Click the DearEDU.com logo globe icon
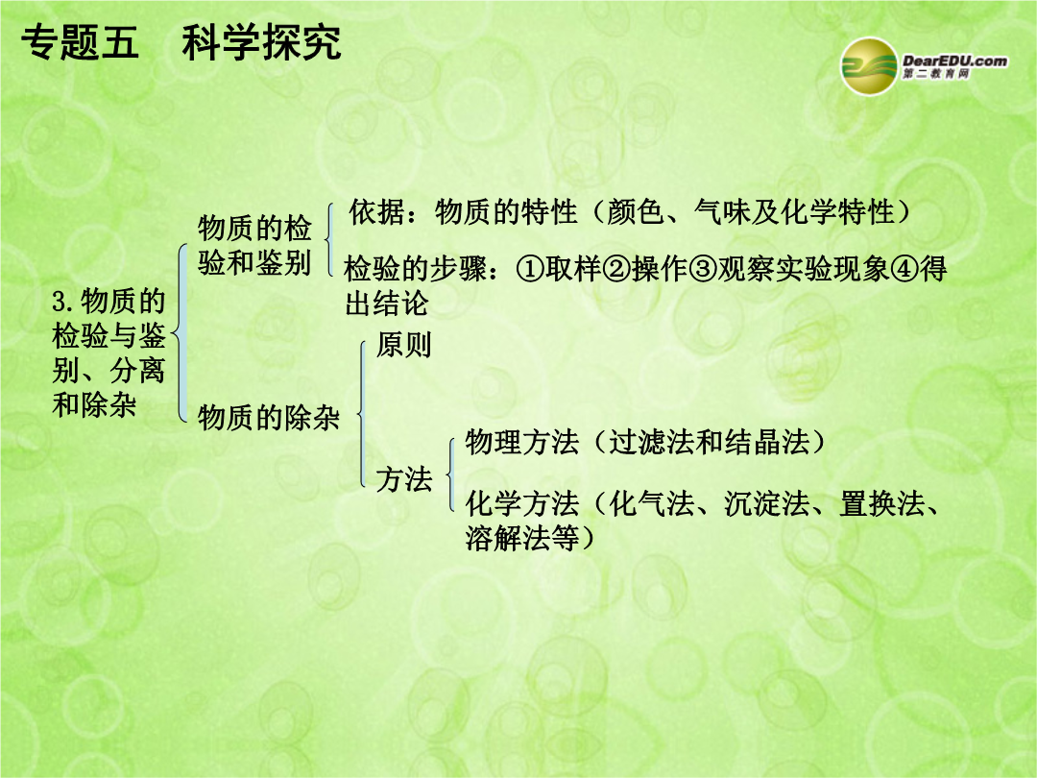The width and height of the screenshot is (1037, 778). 869,66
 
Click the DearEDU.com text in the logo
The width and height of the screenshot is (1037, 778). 955,61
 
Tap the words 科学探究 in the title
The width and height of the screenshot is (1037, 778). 262,42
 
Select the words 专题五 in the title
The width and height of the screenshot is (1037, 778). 80,42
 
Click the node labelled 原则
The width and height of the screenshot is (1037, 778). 403,344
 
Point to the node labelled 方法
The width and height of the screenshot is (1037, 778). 403,478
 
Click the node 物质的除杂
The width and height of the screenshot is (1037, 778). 269,418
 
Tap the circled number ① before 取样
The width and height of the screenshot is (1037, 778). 529,269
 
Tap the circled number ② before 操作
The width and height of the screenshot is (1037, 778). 616,269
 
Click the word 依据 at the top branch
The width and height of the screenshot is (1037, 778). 377,211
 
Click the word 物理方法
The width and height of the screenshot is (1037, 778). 521,442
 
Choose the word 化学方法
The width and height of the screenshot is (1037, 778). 521,503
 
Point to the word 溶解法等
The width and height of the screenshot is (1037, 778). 521,538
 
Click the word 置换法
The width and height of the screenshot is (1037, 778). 881,503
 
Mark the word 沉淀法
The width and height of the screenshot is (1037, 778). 766,503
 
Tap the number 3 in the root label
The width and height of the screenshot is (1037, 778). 60,303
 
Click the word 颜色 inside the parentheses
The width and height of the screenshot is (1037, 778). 635,211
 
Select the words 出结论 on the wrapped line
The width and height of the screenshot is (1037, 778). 387,304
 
